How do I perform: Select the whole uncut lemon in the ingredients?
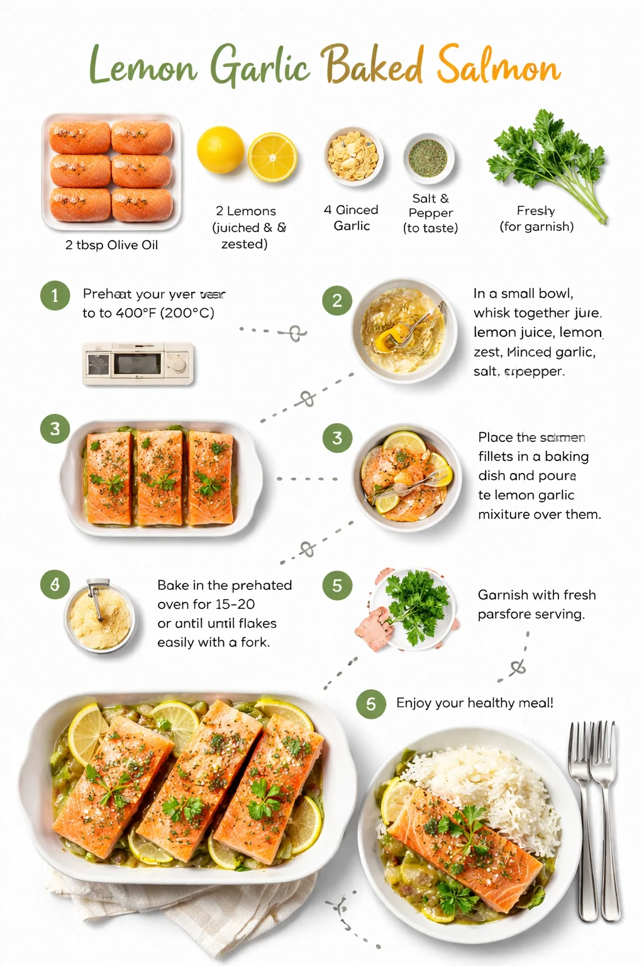pos(220,150)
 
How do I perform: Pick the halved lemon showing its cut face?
pos(272,157)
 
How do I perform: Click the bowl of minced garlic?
pos(353,155)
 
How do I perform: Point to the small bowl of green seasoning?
pos(428,158)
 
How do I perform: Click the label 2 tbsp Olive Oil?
pos(111,245)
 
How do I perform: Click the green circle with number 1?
pos(55,295)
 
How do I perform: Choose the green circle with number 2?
pos(337,301)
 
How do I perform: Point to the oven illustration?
pos(138,364)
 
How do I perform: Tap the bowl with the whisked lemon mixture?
pos(404,330)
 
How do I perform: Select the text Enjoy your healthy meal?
pos(475,703)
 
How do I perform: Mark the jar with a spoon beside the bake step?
pos(100,616)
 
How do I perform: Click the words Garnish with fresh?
pos(536,595)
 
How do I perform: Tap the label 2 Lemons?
pos(246,211)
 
